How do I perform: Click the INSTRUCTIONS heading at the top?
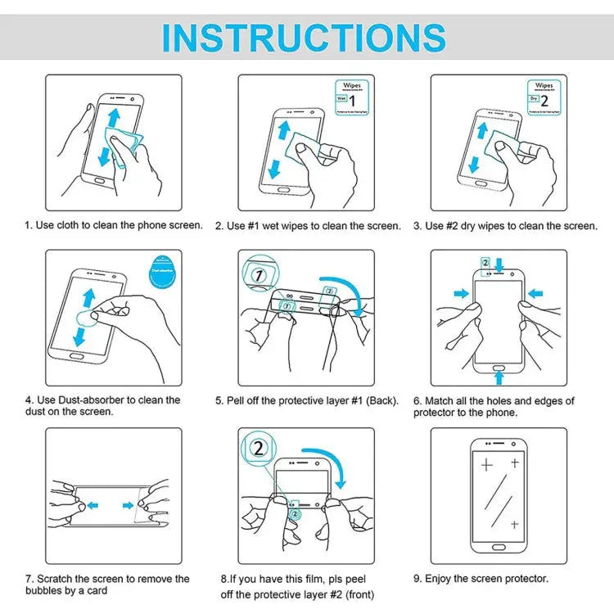coord(304,37)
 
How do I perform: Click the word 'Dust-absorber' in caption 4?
coord(88,400)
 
